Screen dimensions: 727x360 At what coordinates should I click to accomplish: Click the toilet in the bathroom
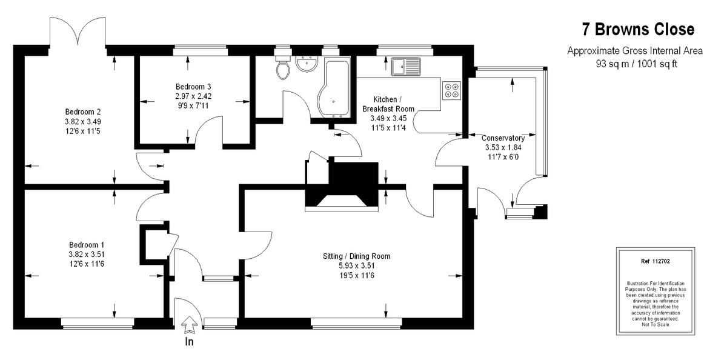[283, 67]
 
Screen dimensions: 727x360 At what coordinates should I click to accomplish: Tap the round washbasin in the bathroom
[307, 64]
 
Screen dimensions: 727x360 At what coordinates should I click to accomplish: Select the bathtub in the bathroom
[334, 88]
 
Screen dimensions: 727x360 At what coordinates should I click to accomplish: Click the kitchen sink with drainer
[406, 67]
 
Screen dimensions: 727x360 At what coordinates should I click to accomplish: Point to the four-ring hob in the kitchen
[451, 90]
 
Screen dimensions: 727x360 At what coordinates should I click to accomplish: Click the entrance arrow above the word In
[189, 325]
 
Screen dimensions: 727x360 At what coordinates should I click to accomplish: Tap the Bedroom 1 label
[87, 245]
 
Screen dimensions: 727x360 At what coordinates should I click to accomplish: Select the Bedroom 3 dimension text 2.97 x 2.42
[193, 96]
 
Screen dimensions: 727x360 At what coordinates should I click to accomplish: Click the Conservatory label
[503, 138]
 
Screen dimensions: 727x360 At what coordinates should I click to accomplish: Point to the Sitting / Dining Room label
[356, 256]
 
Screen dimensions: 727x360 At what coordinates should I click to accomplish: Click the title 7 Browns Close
[638, 29]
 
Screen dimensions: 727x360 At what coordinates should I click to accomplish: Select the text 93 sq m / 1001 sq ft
[637, 64]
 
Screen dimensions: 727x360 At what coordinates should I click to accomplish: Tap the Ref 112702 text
[656, 261]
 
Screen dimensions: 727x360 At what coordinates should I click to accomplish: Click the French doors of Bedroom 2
[78, 32]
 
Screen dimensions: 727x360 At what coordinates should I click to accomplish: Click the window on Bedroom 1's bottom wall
[98, 323]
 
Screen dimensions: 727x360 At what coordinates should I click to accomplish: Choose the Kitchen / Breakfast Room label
[388, 104]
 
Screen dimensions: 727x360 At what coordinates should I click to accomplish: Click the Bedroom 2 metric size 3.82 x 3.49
[83, 122]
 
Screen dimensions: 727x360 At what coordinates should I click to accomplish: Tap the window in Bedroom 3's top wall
[201, 50]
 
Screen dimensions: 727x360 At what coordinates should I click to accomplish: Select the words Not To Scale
[656, 324]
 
